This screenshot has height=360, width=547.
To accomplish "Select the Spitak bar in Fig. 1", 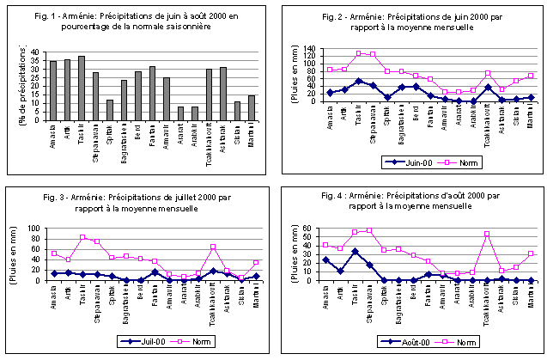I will [x=109, y=111].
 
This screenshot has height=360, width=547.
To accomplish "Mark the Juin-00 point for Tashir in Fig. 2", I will [x=359, y=82].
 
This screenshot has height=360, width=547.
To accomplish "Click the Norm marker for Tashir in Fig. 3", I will [x=82, y=238].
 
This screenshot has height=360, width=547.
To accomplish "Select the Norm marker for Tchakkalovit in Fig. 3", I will [x=212, y=247].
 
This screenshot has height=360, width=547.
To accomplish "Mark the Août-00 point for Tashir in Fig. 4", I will [x=355, y=252].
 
